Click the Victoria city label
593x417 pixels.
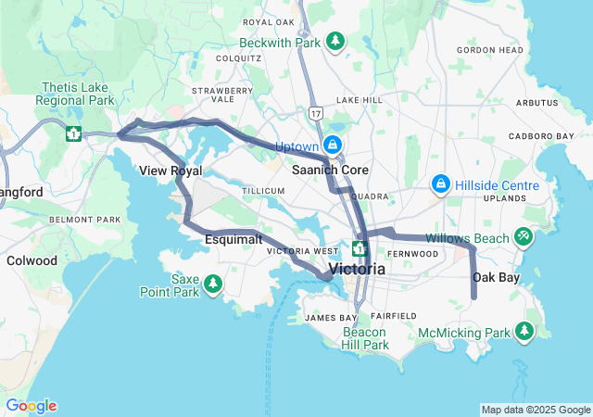tap(357, 269)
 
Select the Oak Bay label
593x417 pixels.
tap(496, 277)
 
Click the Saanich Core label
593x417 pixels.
tap(330, 171)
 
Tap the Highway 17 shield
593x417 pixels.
tap(316, 113)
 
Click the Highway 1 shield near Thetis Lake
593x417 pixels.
tap(72, 133)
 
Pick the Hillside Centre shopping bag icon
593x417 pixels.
tap(442, 185)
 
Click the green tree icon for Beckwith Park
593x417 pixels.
tap(334, 42)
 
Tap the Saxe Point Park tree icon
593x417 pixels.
tap(214, 283)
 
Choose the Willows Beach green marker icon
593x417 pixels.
tap(524, 238)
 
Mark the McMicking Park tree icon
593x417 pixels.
tap(525, 331)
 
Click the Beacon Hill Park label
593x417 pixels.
tap(365, 338)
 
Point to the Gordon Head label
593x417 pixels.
tap(490, 50)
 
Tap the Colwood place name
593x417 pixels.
tap(32, 260)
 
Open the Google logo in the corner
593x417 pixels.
tap(31, 406)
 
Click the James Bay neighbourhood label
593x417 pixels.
tap(325, 318)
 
